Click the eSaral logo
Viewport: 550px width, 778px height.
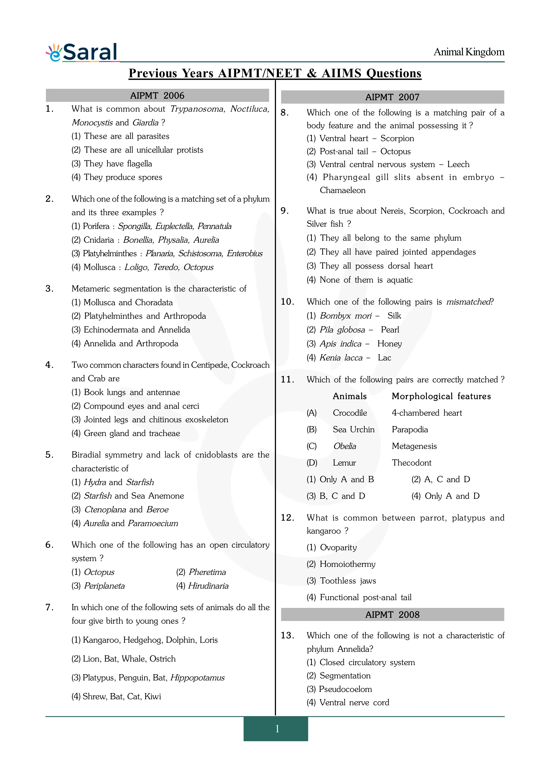82,53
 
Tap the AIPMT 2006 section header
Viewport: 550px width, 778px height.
157,96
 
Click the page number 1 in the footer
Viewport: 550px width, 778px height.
277,729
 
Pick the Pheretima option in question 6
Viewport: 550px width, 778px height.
207,572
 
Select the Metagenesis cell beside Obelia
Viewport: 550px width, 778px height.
414,446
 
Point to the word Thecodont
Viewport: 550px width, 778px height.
411,463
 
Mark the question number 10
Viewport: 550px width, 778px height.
287,302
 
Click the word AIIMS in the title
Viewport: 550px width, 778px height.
342,73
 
